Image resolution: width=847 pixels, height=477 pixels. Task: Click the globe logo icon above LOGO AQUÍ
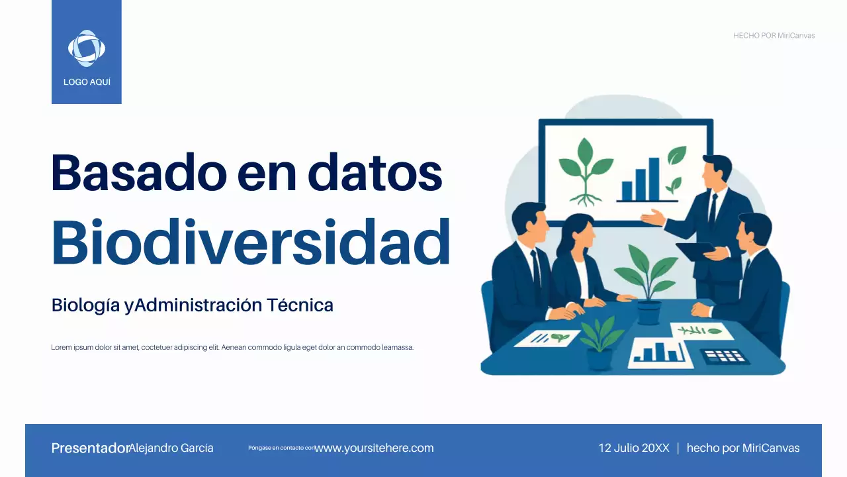point(87,48)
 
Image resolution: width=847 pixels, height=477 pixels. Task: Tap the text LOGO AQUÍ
point(87,82)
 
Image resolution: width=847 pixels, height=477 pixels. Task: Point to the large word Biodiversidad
point(251,241)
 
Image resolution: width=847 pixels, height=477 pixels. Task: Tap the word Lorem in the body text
point(61,347)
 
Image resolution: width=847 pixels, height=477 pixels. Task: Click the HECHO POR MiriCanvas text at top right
point(774,36)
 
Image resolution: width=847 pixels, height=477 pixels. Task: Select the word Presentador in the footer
point(89,449)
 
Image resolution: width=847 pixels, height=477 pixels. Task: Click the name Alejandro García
point(171,449)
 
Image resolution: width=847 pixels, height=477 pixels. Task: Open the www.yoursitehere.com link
point(374,449)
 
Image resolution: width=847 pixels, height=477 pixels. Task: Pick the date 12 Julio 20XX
point(633,449)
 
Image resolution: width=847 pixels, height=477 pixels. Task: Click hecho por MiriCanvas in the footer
point(742,449)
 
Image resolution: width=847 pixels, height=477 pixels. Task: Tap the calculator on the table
point(724,356)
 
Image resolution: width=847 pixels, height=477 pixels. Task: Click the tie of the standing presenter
point(713,207)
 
